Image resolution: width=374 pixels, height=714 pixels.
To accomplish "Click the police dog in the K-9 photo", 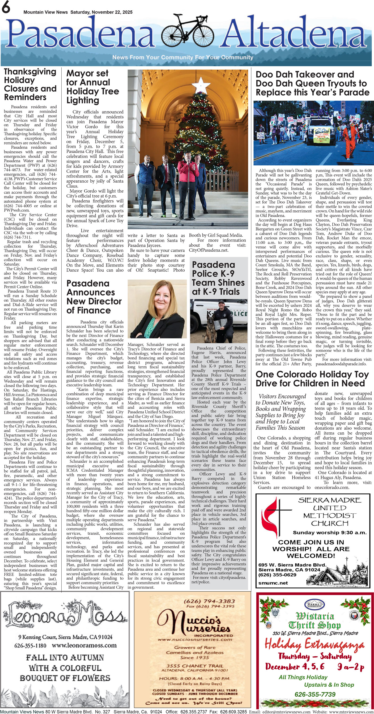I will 212,325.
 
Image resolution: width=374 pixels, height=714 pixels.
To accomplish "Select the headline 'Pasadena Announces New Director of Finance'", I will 94,297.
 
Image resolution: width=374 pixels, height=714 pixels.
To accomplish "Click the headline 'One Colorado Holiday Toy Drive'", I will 312,379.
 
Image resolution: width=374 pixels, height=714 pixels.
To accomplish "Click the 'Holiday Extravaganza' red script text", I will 314,644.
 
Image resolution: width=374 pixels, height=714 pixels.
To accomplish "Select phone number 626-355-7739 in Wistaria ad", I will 315,694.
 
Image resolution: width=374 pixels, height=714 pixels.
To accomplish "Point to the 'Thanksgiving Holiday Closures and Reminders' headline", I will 30,84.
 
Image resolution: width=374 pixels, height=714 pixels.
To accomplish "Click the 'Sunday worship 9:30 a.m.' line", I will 329,533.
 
